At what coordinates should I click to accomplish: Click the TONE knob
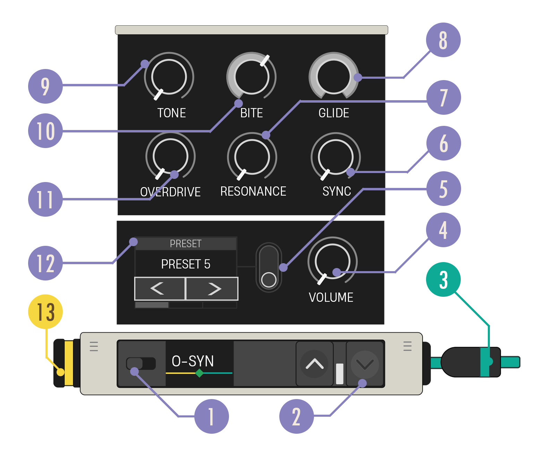point(169,77)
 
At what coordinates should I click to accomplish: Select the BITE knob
point(251,77)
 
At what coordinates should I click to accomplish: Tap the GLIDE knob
point(334,77)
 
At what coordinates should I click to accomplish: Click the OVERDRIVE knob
point(170,156)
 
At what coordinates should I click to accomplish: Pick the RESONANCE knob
point(252,157)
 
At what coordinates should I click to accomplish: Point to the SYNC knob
point(336,157)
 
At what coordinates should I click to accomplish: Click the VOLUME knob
point(333,261)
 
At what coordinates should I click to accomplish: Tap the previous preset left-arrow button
point(160,288)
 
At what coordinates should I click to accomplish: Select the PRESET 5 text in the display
point(186,264)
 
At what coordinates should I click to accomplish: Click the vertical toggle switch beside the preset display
point(269,267)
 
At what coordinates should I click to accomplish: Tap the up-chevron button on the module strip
point(314,364)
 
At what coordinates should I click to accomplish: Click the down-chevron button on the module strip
point(365,364)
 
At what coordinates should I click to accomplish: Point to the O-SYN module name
point(193,361)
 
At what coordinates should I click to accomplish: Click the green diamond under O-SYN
point(199,373)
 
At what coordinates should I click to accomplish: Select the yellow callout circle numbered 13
point(45,312)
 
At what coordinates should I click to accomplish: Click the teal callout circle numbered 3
point(443,279)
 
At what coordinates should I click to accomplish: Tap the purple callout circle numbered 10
point(45,131)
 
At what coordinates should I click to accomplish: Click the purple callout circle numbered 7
point(443,97)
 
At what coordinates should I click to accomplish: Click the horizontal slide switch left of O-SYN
point(141,363)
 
